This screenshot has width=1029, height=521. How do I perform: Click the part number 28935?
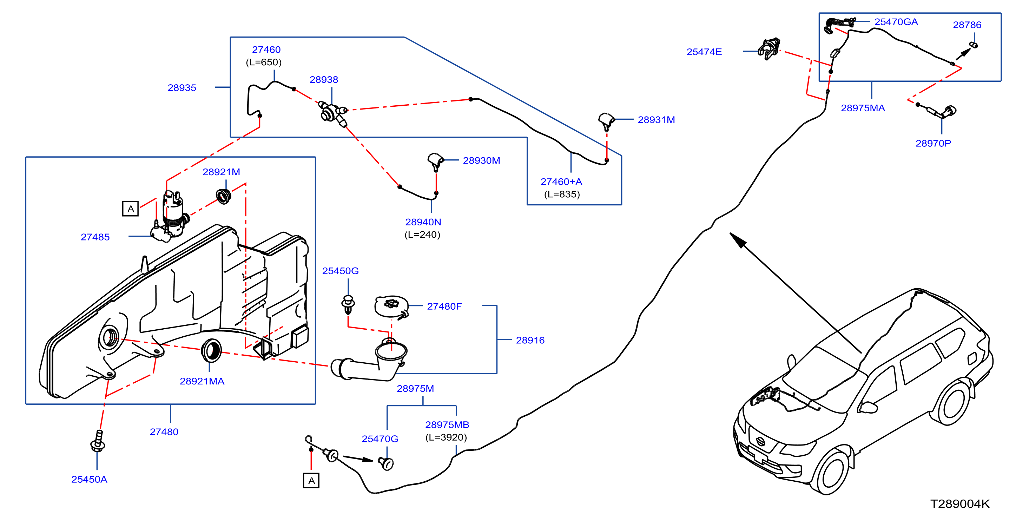(182, 88)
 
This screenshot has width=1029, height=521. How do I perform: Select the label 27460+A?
(561, 182)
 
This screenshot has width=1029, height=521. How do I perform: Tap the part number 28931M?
(656, 120)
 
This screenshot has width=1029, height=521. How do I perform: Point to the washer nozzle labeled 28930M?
(436, 161)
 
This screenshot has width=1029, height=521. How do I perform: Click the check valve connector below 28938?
(332, 112)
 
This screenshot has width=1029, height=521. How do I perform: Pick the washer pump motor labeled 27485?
(170, 216)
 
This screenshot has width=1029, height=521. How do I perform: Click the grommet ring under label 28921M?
(223, 196)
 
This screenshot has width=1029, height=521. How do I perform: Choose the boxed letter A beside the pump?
(130, 209)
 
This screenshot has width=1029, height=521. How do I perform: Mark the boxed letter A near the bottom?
(311, 481)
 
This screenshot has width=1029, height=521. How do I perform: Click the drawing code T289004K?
(960, 504)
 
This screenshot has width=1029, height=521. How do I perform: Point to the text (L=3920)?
(446, 437)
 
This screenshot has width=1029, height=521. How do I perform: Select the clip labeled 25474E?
(769, 49)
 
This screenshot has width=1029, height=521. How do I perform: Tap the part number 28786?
(967, 25)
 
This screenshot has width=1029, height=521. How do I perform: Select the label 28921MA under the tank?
(202, 381)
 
